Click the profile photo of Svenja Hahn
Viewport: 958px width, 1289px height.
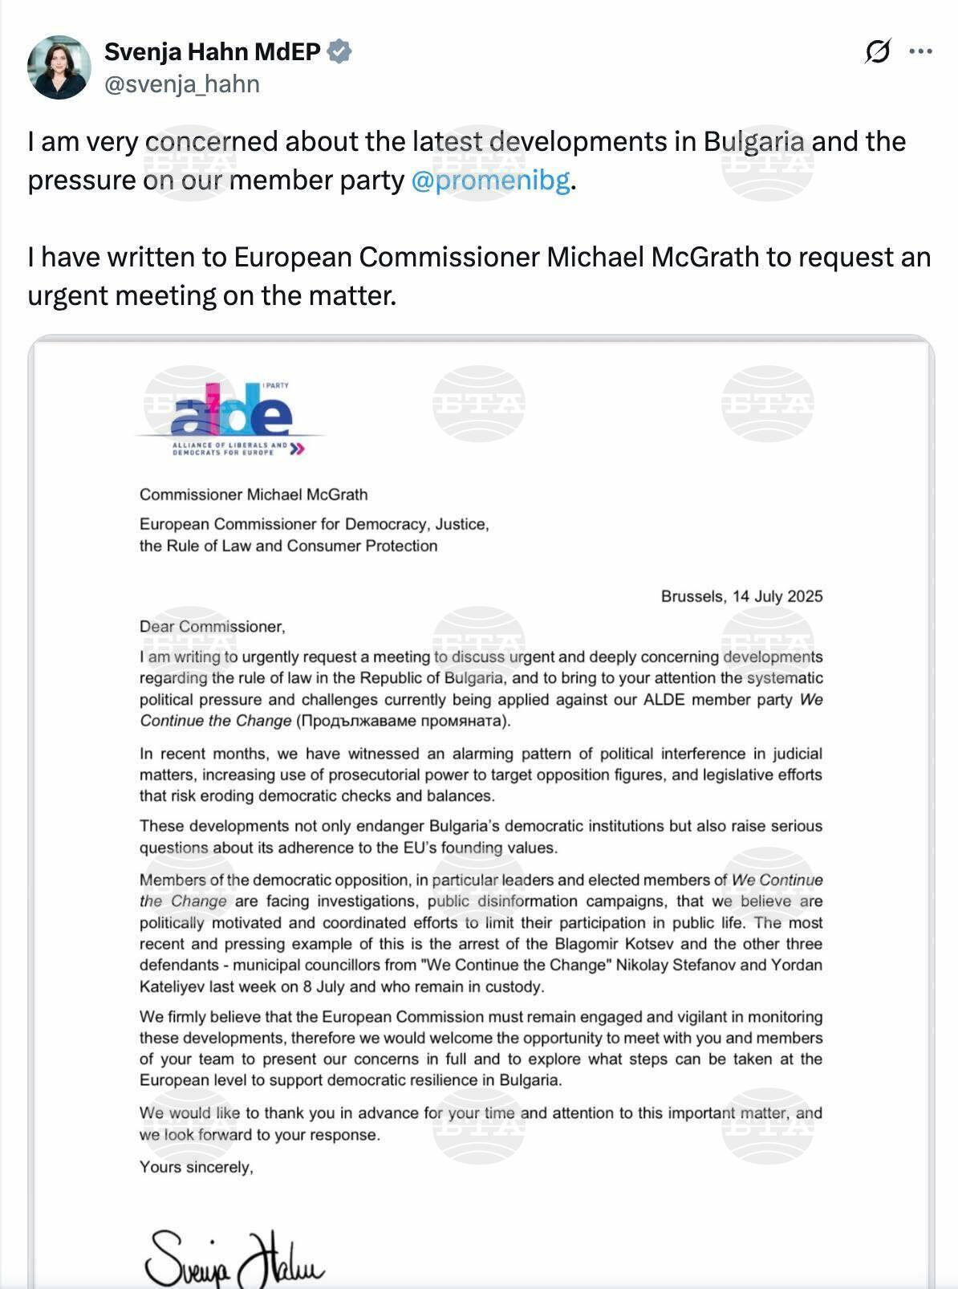coord(59,67)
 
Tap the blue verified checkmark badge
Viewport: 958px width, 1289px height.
coord(340,52)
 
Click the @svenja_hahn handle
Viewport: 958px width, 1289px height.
coord(182,84)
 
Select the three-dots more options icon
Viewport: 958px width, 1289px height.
coord(920,52)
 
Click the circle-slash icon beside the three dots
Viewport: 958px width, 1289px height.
coord(878,52)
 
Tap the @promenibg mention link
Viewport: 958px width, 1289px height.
coord(490,181)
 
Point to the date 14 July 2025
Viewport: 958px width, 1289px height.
coord(777,596)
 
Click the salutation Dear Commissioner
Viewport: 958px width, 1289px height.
coord(212,627)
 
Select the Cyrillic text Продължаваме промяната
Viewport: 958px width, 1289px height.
coord(403,721)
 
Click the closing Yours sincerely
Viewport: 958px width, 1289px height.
coord(196,1167)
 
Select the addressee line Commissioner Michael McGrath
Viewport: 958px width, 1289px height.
coord(254,494)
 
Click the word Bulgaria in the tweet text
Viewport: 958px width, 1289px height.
coord(753,142)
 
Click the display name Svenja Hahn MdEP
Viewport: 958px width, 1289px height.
coord(213,52)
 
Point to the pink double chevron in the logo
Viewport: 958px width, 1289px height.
coord(297,449)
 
